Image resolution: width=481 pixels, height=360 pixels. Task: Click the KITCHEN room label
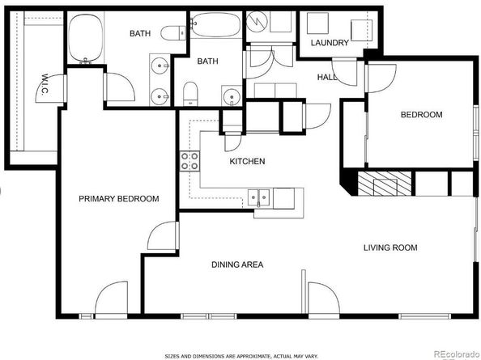click(x=247, y=162)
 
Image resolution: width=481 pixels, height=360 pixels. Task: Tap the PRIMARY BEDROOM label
click(x=118, y=199)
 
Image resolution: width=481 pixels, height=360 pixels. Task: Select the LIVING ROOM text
click(x=390, y=248)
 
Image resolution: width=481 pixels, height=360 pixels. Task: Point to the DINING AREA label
click(x=237, y=265)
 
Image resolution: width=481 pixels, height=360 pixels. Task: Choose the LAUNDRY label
click(x=330, y=43)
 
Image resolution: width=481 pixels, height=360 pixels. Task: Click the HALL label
click(x=327, y=77)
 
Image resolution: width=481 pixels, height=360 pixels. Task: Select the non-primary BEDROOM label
click(x=422, y=115)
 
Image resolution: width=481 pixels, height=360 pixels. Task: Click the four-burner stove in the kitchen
click(x=190, y=161)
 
